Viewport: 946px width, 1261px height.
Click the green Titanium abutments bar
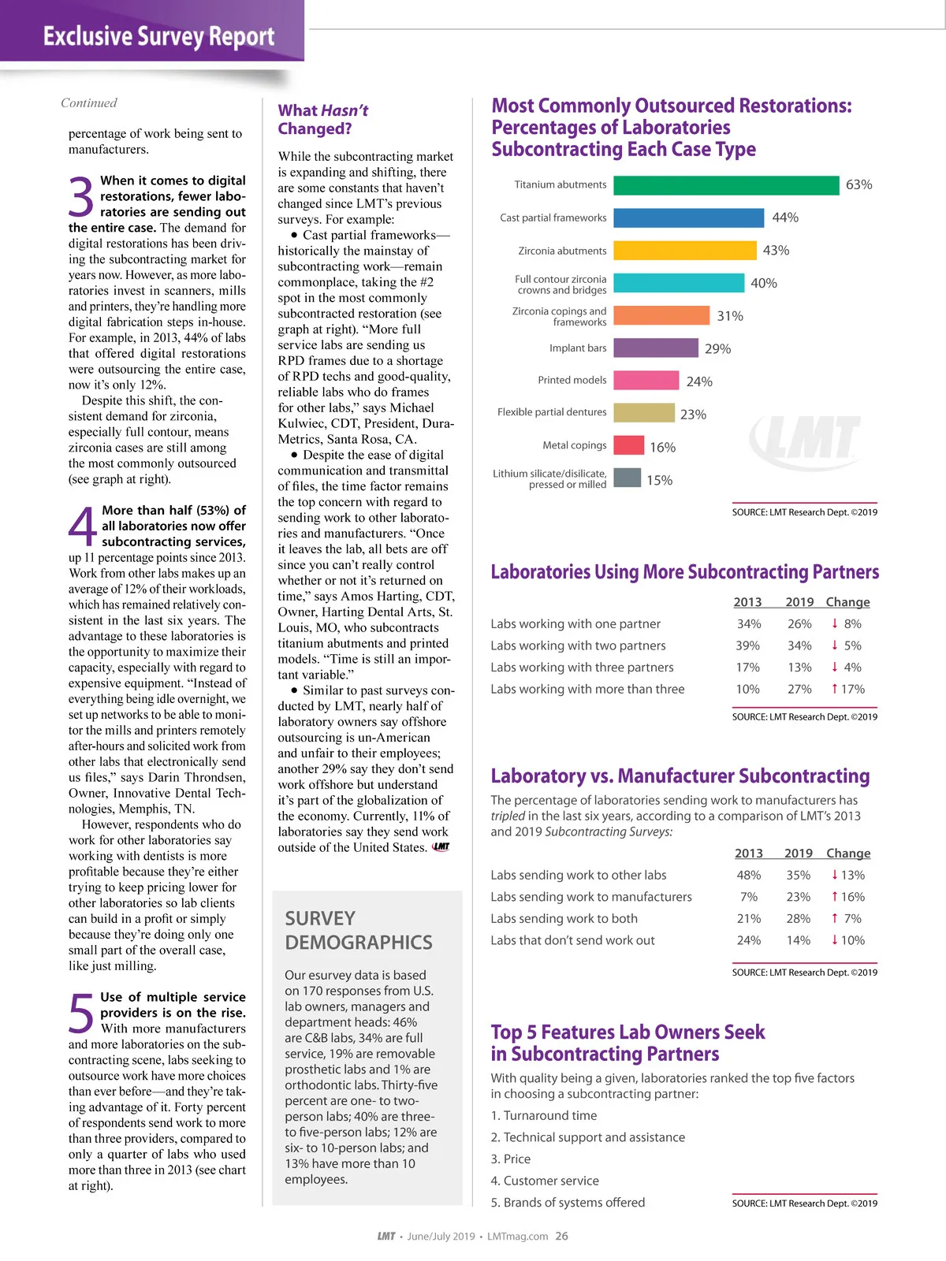point(725,185)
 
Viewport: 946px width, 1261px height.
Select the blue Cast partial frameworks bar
point(688,218)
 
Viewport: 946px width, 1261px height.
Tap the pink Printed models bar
point(646,381)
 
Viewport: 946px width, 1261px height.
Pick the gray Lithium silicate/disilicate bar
point(627,478)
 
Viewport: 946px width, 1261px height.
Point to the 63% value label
point(858,185)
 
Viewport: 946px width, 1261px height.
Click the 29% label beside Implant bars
point(717,349)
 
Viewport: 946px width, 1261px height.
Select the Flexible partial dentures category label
point(552,412)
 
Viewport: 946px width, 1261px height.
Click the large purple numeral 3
point(81,197)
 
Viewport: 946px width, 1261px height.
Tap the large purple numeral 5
point(81,1014)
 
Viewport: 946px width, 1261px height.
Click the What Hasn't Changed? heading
point(322,120)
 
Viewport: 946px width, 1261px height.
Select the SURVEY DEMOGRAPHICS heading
point(358,931)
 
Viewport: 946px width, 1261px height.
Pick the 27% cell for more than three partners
point(799,690)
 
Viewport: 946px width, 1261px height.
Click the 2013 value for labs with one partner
point(748,624)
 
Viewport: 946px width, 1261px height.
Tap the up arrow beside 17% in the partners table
point(835,689)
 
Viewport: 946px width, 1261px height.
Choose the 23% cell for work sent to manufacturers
point(798,897)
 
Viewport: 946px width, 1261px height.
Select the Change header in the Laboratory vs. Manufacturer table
point(848,854)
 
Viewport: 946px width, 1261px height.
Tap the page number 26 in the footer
point(561,1237)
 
